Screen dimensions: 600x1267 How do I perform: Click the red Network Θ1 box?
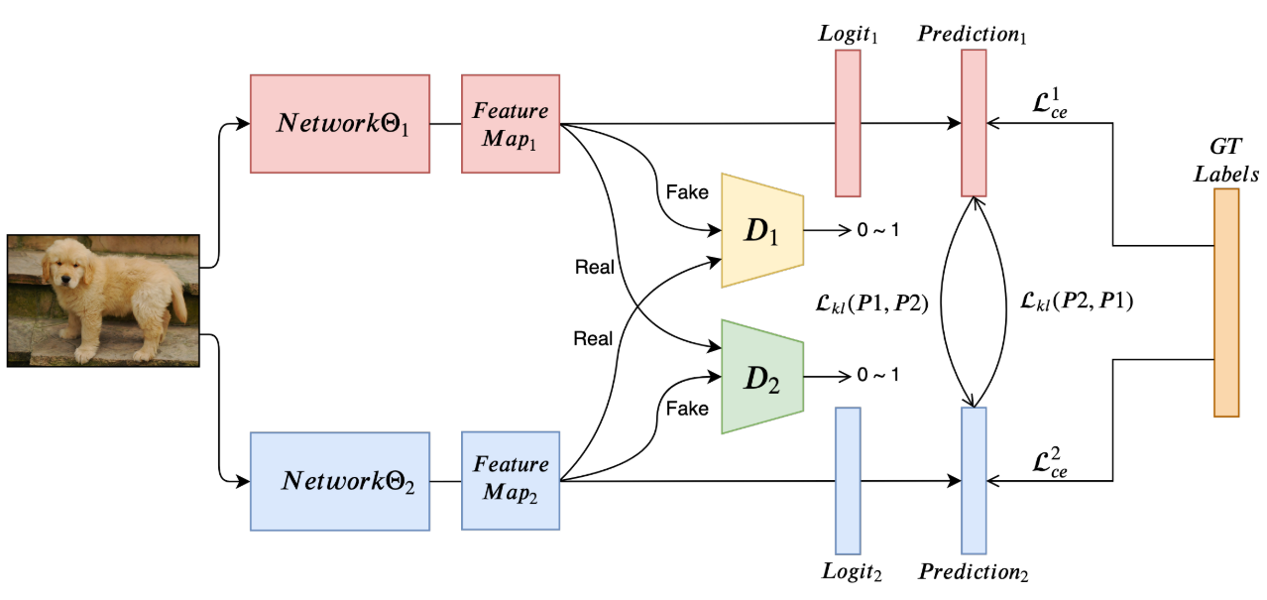[340, 124]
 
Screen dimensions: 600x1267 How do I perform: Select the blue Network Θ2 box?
[340, 481]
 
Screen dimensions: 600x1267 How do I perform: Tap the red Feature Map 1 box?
[510, 124]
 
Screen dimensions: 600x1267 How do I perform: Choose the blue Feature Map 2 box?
[510, 481]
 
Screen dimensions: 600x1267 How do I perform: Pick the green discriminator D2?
[761, 377]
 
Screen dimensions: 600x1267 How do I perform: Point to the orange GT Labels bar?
[1226, 302]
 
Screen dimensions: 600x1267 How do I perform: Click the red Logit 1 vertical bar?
[848, 123]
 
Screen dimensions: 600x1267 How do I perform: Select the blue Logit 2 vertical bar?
[848, 481]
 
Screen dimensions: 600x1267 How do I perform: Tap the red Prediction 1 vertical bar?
[975, 123]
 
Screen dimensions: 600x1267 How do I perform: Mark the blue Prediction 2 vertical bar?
[975, 481]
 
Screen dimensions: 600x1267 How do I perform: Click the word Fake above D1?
[687, 190]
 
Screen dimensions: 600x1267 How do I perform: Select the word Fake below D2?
[687, 409]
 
